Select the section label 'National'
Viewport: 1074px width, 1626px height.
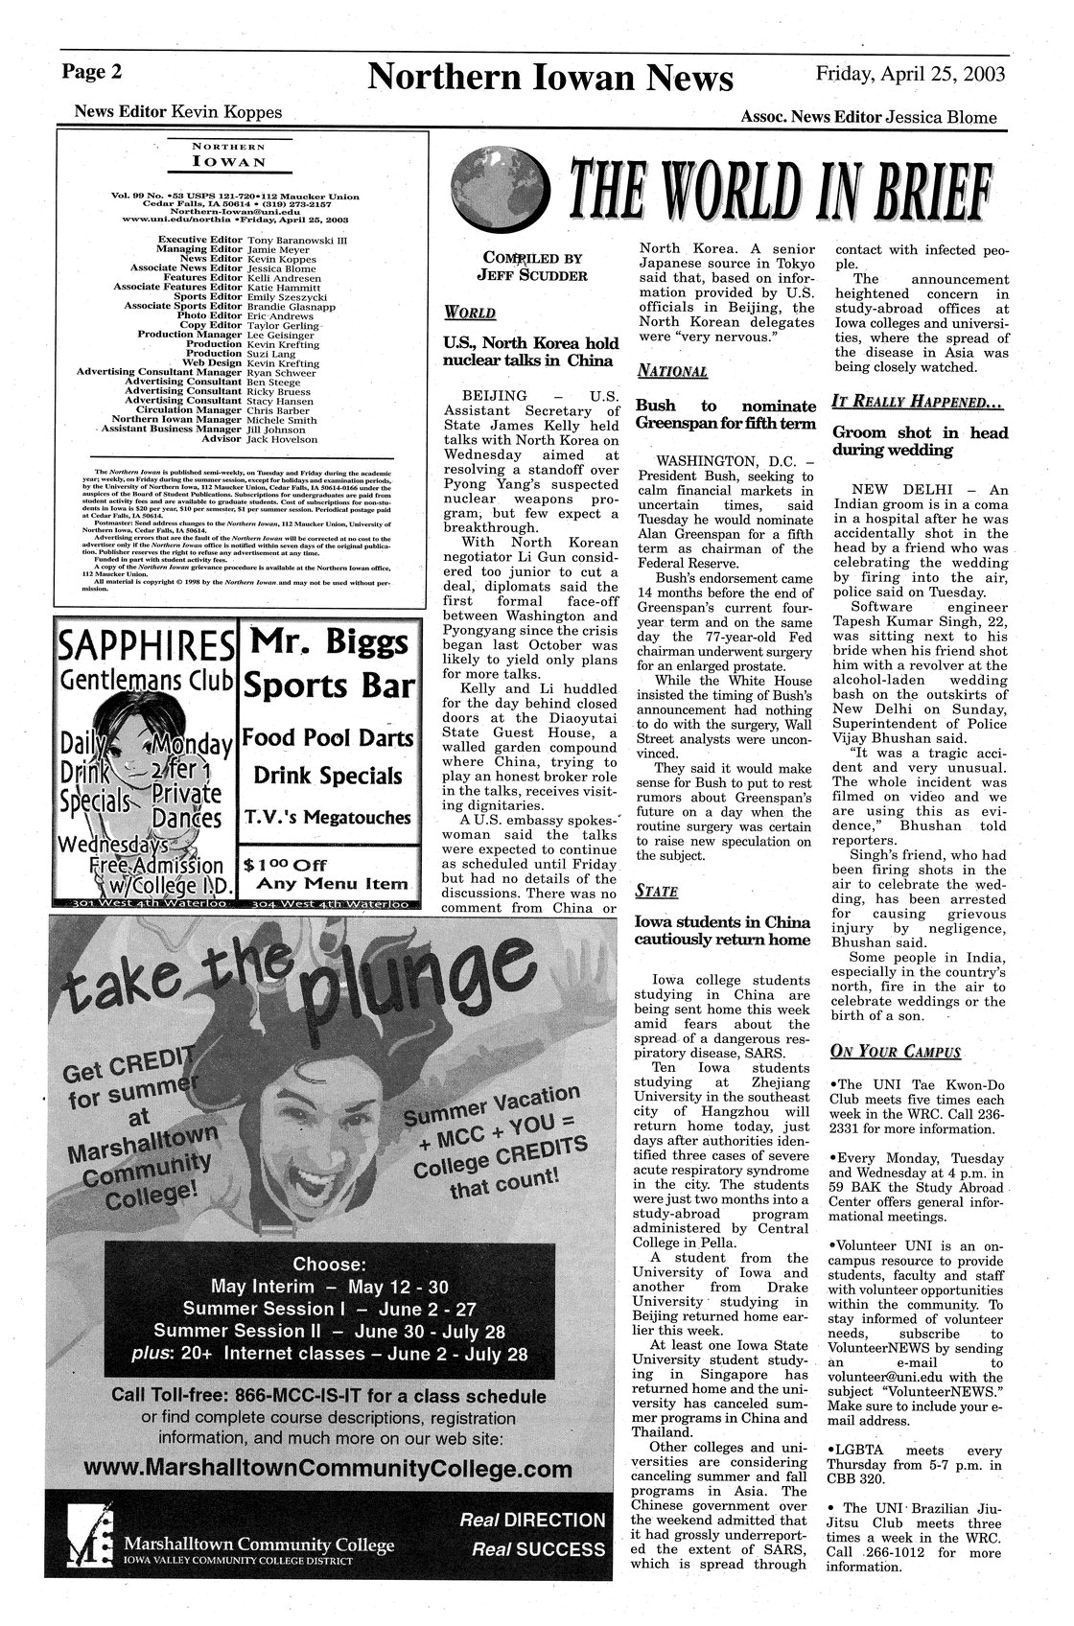672,370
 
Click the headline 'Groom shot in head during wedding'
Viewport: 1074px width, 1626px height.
920,441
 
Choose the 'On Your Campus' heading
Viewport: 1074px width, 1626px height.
895,1052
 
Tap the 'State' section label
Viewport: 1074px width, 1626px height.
657,892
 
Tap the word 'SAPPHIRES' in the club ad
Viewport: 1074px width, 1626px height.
146,647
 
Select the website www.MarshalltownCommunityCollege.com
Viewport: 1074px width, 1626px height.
328,1470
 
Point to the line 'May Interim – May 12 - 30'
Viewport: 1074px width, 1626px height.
329,1286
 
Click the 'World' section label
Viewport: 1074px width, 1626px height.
470,313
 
